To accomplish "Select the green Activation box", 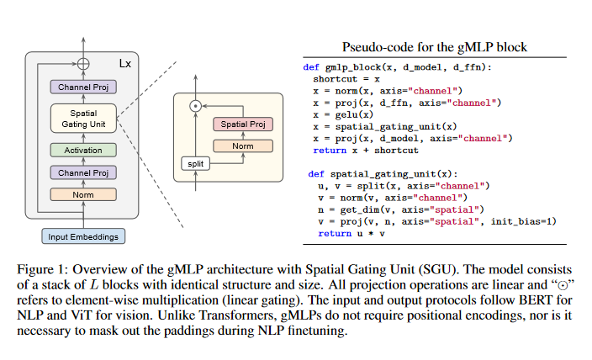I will point(82,151).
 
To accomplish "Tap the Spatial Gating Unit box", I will point(82,119).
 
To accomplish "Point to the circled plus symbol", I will point(82,63).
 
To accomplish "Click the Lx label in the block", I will point(124,63).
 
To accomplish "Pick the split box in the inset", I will point(195,163).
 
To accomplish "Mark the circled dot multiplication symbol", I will point(195,106).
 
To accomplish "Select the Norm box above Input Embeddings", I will point(82,193).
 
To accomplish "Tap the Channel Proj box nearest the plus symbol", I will point(82,87).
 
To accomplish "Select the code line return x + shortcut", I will point(365,150).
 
